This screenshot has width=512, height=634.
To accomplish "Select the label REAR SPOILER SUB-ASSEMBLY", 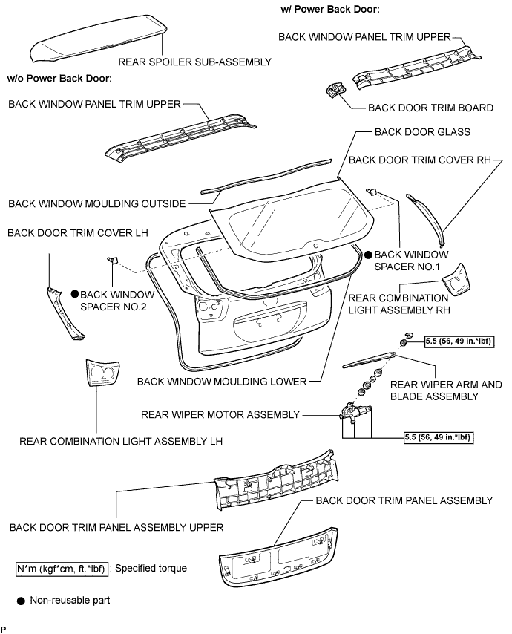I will [x=194, y=62].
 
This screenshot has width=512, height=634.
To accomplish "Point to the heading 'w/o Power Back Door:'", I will [x=59, y=78].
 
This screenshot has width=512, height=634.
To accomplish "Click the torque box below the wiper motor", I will [x=439, y=438].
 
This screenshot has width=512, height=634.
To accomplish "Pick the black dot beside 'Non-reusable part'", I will [x=22, y=600].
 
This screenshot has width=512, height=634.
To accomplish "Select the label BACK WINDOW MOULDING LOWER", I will [x=222, y=382].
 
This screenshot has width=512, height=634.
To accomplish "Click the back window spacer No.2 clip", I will [x=112, y=259].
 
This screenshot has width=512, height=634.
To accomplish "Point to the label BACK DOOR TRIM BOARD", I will [x=430, y=108].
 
